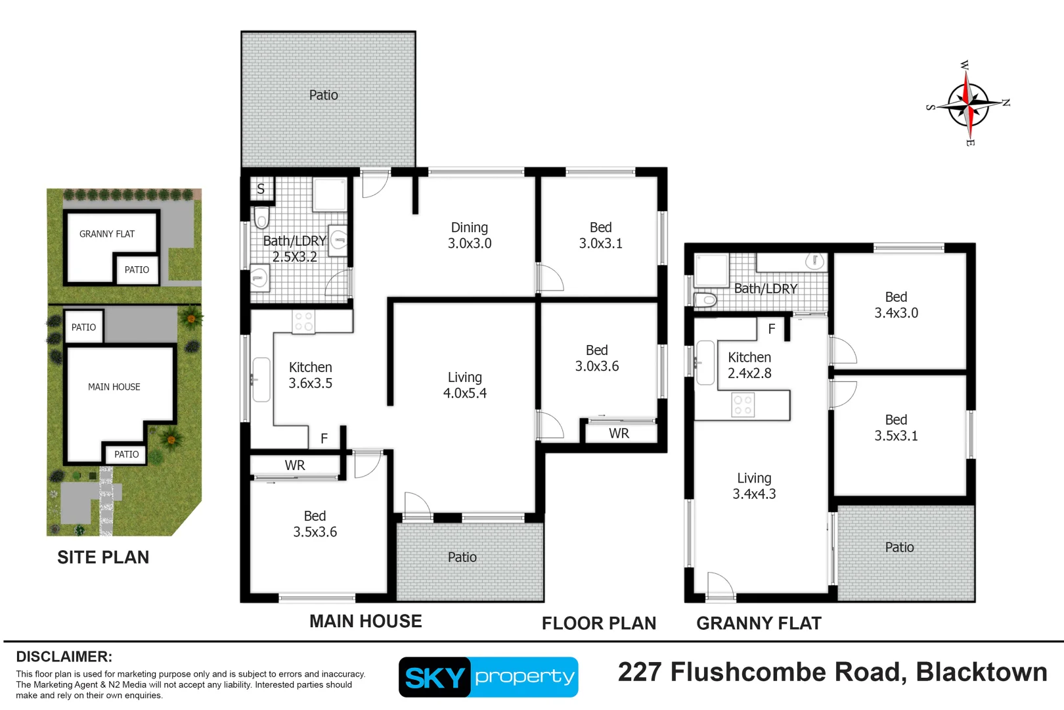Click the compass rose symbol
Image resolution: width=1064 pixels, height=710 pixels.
click(x=968, y=104)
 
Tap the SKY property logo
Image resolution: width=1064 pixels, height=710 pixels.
click(x=488, y=676)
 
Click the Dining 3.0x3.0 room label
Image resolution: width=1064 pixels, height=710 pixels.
click(x=470, y=235)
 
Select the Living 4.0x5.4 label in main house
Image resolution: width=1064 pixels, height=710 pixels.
click(x=465, y=385)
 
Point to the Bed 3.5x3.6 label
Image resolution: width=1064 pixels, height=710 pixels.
click(x=315, y=524)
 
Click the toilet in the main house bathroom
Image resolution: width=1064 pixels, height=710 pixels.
click(x=261, y=218)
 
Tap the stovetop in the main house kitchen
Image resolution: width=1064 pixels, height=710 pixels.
click(x=303, y=321)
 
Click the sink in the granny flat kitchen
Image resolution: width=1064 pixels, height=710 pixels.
click(x=705, y=362)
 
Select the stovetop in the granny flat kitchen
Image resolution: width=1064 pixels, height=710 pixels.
click(x=743, y=405)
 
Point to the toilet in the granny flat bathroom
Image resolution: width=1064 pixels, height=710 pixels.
click(x=706, y=300)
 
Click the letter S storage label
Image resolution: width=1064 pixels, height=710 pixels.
click(x=261, y=189)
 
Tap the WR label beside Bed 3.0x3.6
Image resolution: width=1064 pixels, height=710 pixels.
click(x=619, y=434)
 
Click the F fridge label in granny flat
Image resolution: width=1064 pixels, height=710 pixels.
click(x=772, y=329)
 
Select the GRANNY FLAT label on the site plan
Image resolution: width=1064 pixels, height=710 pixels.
click(x=107, y=234)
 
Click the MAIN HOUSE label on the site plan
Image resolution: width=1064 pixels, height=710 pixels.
click(x=114, y=387)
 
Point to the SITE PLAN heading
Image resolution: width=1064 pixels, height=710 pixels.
click(x=103, y=557)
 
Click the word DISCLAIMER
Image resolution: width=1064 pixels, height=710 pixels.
click(x=64, y=657)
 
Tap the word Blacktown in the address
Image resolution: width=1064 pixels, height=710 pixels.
click(x=981, y=672)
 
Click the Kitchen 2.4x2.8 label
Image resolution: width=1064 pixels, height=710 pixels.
click(x=749, y=366)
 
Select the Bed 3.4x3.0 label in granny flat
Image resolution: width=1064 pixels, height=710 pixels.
click(x=896, y=305)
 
